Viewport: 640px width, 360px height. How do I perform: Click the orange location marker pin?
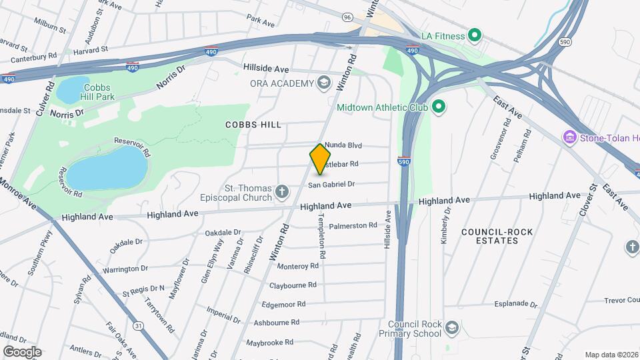321,159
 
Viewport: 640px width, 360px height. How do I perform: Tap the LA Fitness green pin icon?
475,35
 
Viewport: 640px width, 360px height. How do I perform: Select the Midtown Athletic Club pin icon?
439,107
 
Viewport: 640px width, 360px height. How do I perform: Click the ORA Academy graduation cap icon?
324,83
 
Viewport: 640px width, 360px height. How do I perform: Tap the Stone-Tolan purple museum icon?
569,138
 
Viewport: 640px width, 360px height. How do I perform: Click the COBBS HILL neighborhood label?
253,125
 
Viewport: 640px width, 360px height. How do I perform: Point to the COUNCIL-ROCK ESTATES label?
489,236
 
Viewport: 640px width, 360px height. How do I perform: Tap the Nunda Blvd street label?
343,145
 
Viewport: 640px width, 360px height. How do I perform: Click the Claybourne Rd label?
293,285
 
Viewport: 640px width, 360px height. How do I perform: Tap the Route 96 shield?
347,17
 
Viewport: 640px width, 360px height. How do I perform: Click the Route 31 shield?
138,325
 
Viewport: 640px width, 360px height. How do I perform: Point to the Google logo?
22,351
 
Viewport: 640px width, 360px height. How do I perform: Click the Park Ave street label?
260,23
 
